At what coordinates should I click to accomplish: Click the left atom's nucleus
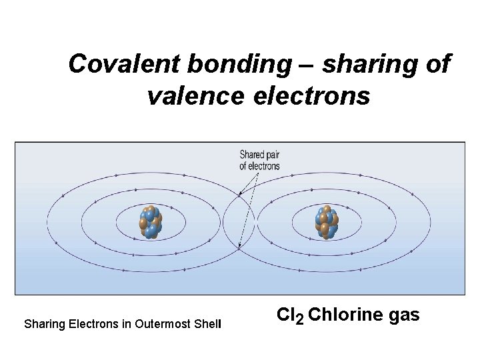pyautogui.click(x=149, y=222)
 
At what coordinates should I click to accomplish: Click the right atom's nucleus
pyautogui.click(x=327, y=222)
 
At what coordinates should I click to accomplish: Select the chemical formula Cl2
pyautogui.click(x=290, y=315)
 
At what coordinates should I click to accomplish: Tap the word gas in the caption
pyautogui.click(x=403, y=315)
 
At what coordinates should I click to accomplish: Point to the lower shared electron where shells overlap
pyautogui.click(x=239, y=247)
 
